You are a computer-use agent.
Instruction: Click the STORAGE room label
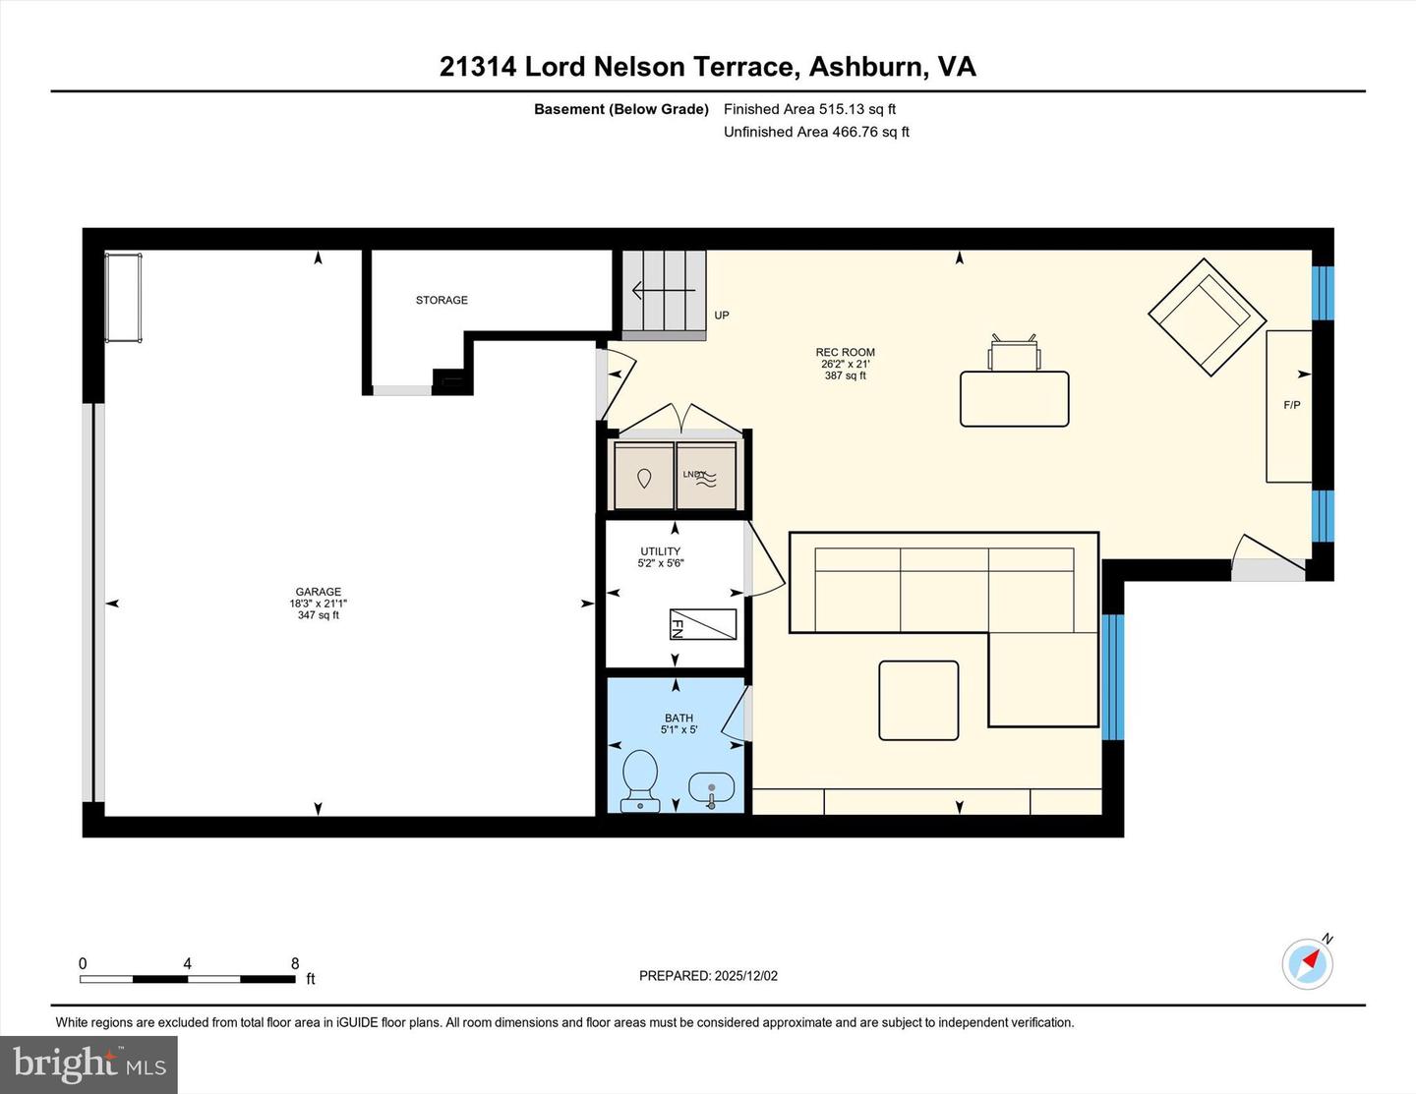[x=442, y=300]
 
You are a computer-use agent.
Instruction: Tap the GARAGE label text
[x=318, y=592]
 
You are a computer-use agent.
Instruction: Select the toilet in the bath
[x=640, y=779]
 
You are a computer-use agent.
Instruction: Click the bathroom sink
[x=711, y=789]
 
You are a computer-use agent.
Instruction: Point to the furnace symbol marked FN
[x=702, y=624]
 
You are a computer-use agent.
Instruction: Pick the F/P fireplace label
[x=1291, y=405]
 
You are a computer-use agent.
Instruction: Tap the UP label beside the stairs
[x=722, y=316]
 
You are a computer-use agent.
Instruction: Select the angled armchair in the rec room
[x=1207, y=317]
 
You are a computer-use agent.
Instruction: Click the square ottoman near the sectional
[x=918, y=700]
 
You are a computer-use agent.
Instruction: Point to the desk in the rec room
[x=1014, y=398]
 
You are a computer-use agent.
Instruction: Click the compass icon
[x=1307, y=963]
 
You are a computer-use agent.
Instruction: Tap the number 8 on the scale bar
[x=295, y=963]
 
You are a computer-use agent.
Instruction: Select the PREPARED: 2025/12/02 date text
[x=708, y=976]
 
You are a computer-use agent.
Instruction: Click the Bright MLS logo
[x=89, y=1065]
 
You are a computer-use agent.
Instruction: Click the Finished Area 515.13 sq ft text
[x=809, y=109]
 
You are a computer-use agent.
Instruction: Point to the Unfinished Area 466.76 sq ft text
[x=816, y=132]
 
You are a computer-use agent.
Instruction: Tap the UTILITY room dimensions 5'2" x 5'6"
[x=661, y=563]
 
